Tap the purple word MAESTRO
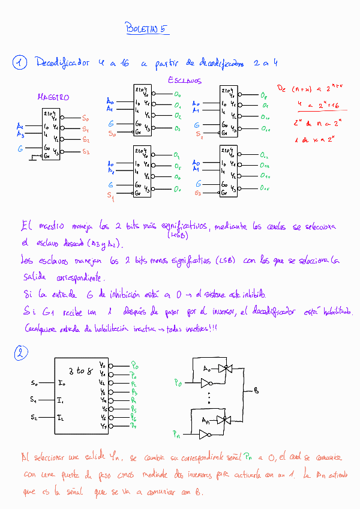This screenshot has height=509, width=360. (53, 97)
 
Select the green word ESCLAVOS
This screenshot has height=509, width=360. (184, 80)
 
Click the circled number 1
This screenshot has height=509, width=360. (20, 62)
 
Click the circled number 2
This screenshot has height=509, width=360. (20, 354)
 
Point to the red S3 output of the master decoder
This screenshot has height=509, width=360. (85, 152)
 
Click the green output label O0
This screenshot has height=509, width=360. (177, 95)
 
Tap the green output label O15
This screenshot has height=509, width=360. (265, 188)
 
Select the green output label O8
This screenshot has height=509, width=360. (265, 95)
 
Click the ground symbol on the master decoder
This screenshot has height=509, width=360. (34, 157)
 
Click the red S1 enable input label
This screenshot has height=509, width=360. (110, 196)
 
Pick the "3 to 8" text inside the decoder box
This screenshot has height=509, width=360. (80, 370)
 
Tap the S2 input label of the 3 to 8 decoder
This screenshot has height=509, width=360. (34, 417)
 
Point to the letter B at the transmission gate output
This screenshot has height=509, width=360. (256, 391)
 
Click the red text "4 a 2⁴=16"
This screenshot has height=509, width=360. (318, 104)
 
